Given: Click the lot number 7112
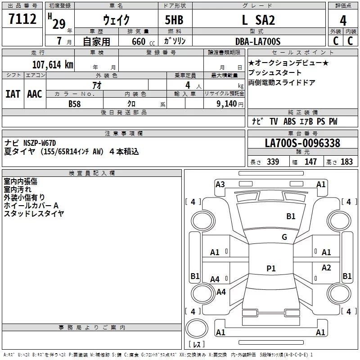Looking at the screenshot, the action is [x=23, y=19].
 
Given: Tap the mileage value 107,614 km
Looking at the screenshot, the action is [x=52, y=64].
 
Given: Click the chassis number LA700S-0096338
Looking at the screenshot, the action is [x=302, y=143].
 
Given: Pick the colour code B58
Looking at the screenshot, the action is [x=75, y=104].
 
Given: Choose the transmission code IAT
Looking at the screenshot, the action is [x=13, y=94].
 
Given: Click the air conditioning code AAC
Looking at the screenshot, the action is [x=35, y=94].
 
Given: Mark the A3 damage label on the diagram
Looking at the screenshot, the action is [x=220, y=184].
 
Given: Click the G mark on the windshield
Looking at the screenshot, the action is [x=284, y=237].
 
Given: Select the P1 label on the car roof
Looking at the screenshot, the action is [x=271, y=269].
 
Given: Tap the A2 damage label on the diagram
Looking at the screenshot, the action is [x=326, y=268].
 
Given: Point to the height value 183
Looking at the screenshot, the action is [x=346, y=162].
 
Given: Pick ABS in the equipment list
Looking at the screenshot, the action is [x=289, y=121].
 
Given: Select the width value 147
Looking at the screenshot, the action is [x=310, y=162].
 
